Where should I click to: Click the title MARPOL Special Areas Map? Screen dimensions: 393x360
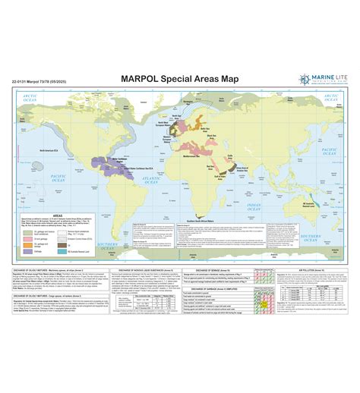pyautogui.click(x=180, y=77)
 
